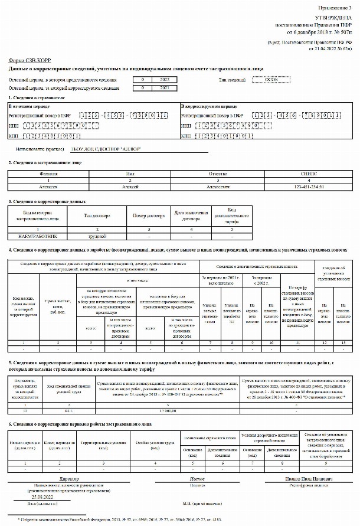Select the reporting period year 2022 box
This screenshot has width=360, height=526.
pyautogui.click(x=165, y=79)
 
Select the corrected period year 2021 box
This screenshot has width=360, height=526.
pyautogui.click(x=165, y=88)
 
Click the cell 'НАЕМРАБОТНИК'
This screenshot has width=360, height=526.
pyautogui.click(x=38, y=234)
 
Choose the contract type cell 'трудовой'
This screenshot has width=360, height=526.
pyautogui.click(x=97, y=234)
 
